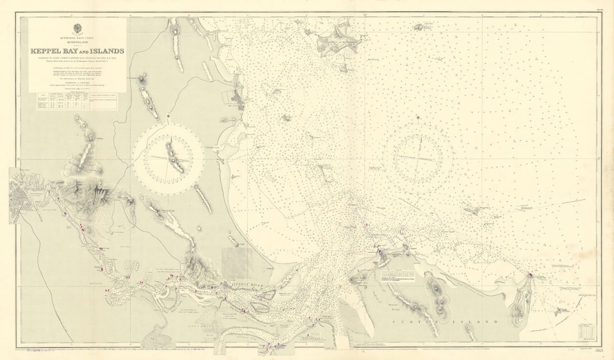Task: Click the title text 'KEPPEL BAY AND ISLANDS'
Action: [x=78, y=51]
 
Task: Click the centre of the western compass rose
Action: [x=169, y=159]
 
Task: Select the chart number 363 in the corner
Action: [x=598, y=351]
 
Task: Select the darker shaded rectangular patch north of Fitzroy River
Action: [x=237, y=262]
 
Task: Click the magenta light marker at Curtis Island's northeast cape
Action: [x=530, y=275]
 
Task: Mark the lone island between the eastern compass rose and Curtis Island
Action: [x=472, y=211]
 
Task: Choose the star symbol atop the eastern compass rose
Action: [x=418, y=118]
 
